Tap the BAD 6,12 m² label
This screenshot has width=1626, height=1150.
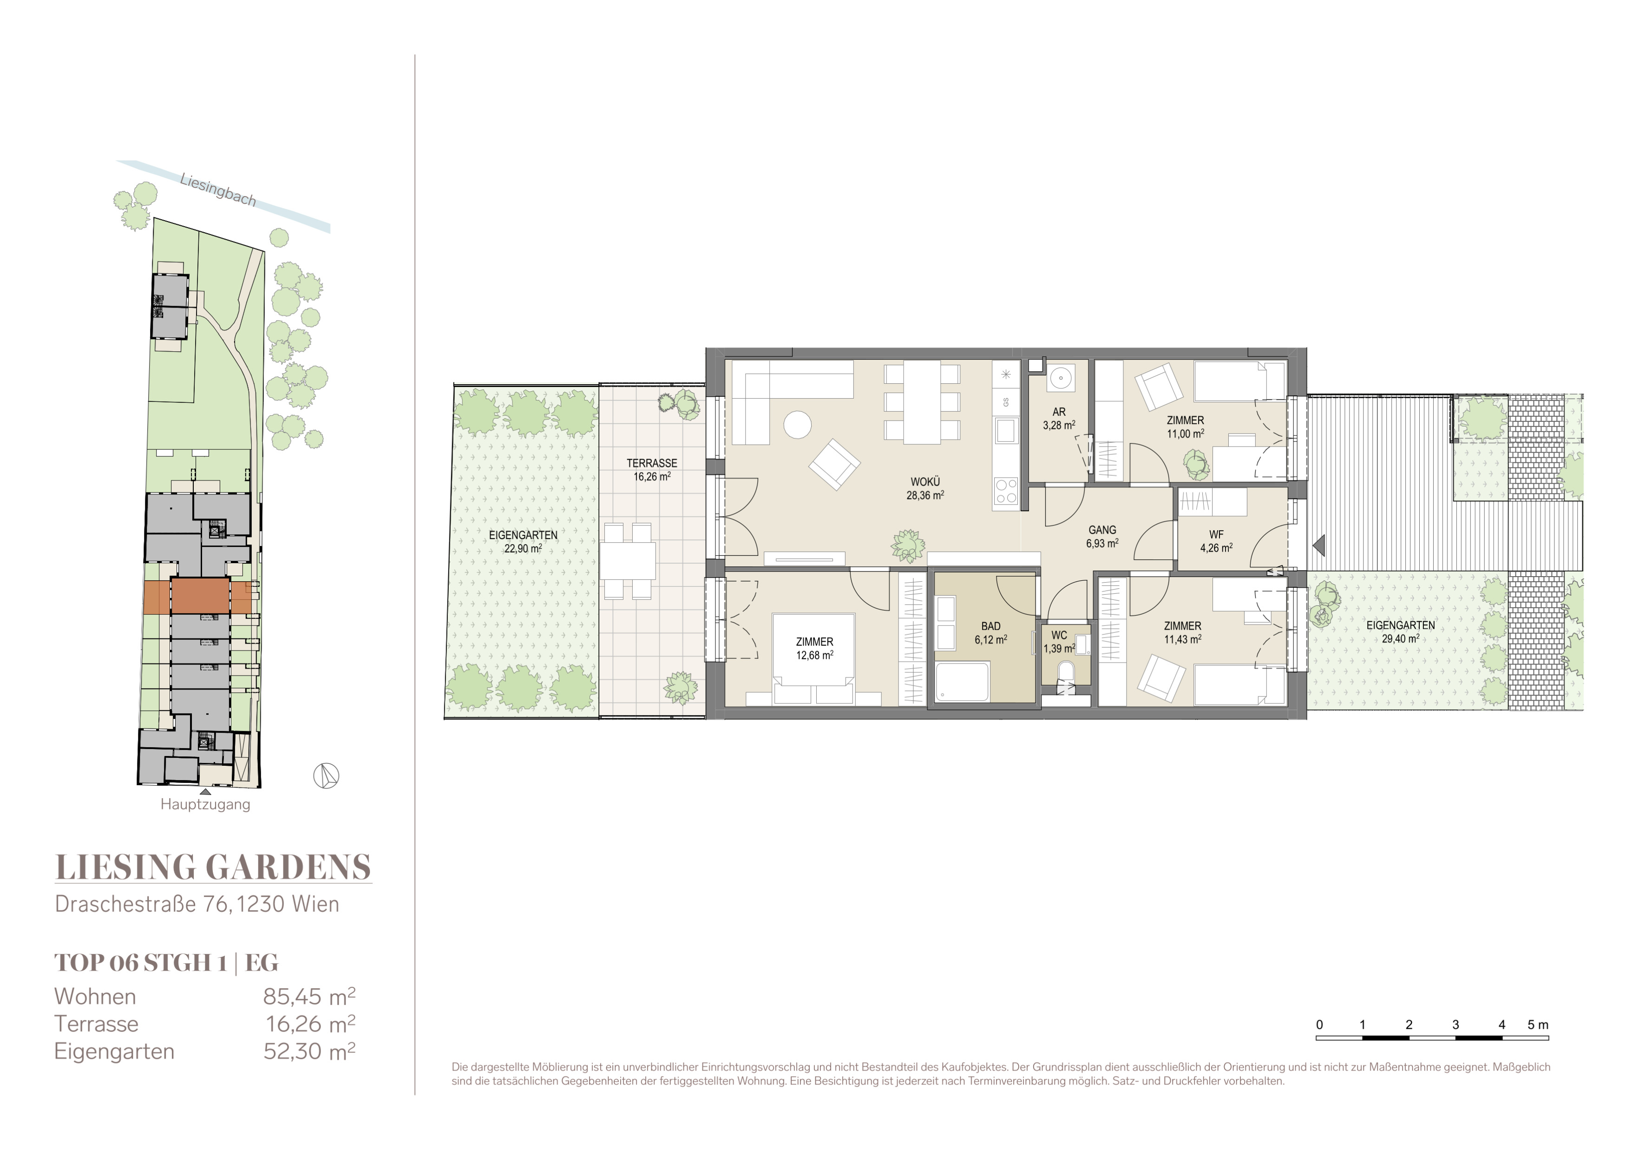(991, 633)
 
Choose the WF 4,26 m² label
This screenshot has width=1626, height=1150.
(1216, 541)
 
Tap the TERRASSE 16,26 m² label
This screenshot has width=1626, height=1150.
(651, 469)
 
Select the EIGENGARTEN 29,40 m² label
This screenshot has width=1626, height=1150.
(1400, 631)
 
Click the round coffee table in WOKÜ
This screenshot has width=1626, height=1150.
(797, 425)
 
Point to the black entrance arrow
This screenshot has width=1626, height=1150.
(1318, 545)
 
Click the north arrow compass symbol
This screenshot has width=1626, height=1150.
(326, 776)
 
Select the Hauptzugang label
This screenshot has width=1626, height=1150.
(205, 804)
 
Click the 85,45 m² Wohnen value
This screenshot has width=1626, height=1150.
(309, 996)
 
